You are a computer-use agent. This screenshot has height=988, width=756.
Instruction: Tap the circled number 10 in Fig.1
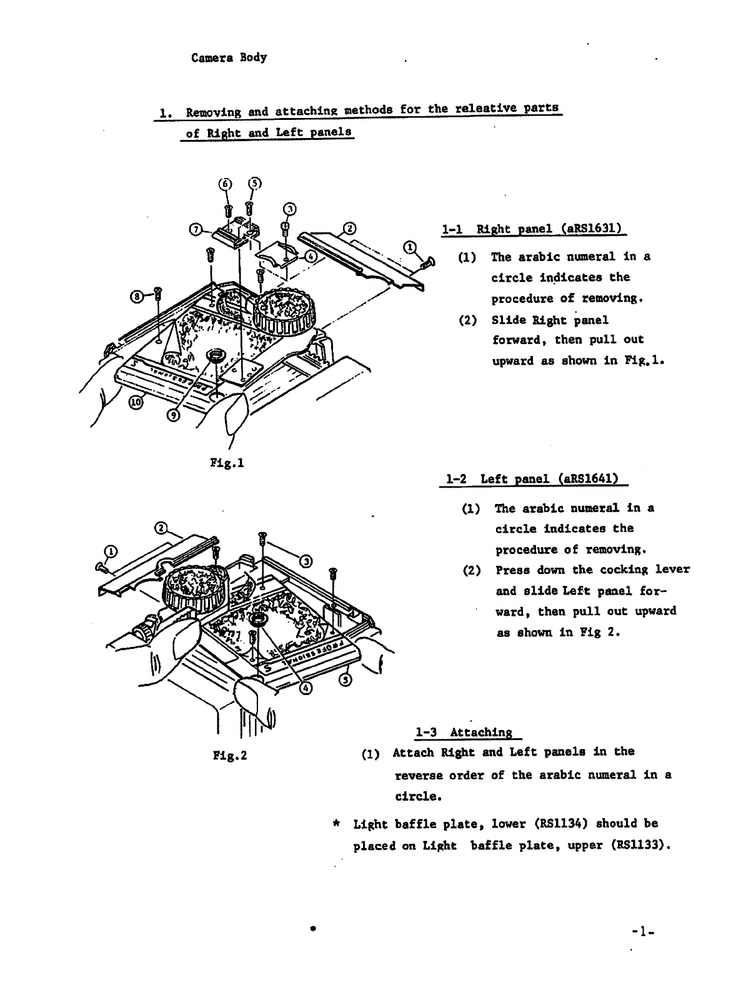point(136,403)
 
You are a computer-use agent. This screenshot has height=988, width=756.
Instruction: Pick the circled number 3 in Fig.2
point(307,560)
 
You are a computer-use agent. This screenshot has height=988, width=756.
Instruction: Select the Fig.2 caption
point(231,756)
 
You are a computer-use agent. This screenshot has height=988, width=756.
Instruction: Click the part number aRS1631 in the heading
point(591,229)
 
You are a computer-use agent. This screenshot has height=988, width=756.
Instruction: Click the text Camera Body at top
point(229,57)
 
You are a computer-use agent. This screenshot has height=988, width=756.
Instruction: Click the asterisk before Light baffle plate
point(337,824)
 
